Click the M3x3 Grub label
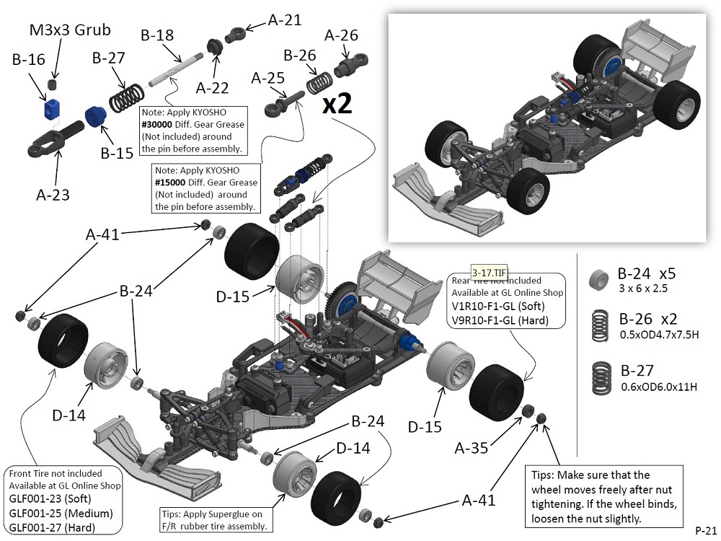click(x=70, y=30)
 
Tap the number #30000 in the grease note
click(x=159, y=125)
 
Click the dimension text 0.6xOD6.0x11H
click(x=658, y=387)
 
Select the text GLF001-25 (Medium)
click(x=61, y=513)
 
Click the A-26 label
click(x=341, y=35)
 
